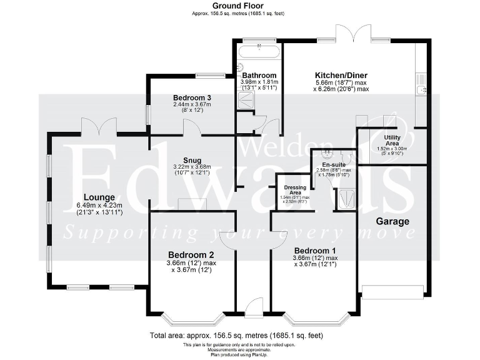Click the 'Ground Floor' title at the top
point(240,5)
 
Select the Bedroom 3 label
point(192,97)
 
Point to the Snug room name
point(192,159)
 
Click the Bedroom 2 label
point(192,254)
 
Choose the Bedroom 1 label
point(314,251)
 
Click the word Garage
point(392,221)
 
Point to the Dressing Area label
point(294,190)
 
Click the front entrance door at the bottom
point(254,306)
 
